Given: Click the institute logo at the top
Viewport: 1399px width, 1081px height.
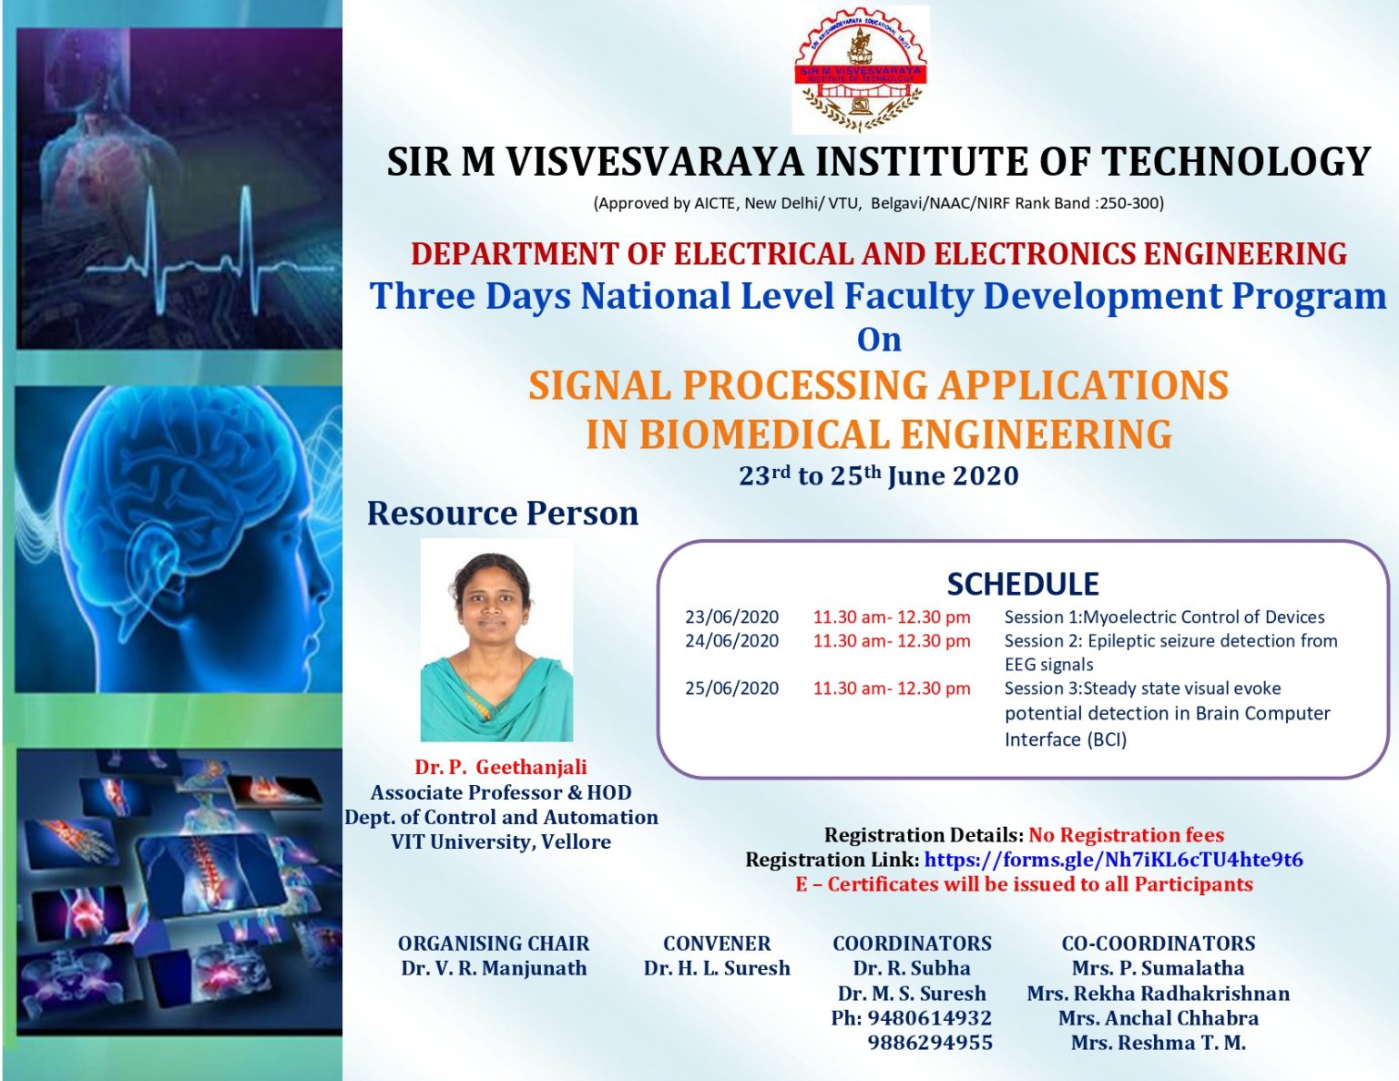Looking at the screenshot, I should point(861,70).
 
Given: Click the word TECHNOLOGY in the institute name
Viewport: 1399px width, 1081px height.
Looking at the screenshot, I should point(1236,162).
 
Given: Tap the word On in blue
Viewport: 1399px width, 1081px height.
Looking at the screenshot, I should point(879,340).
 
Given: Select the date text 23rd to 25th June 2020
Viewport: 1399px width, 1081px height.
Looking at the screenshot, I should point(878,475).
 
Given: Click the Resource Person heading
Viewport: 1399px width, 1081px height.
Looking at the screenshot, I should point(502,514).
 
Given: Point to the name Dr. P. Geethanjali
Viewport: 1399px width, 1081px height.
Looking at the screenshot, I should point(500,767).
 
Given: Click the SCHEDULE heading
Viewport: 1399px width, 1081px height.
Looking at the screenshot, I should point(1022,584).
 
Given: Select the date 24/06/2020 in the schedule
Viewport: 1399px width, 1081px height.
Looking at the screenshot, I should point(731,641).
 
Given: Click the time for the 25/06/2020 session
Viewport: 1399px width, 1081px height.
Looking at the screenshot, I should point(891,688).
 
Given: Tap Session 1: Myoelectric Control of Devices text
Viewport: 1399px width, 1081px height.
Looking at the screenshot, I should point(1163,617).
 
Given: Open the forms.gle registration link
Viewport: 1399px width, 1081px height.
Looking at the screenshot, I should point(1112,860).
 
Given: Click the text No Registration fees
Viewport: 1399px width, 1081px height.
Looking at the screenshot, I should point(1126,835).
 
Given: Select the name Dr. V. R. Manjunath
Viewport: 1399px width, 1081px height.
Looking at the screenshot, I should point(494,968).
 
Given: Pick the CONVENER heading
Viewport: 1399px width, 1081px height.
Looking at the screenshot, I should point(716,943).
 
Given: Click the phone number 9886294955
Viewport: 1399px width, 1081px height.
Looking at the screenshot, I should point(929,1043).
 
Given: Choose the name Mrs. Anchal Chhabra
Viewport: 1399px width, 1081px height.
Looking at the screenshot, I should point(1158,1018).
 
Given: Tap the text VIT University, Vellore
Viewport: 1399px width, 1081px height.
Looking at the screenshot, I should point(500,841).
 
